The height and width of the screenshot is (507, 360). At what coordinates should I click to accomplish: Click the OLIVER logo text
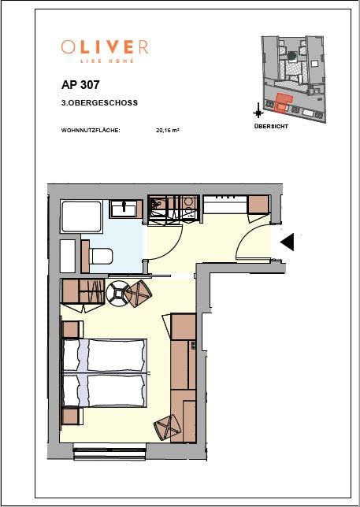105,47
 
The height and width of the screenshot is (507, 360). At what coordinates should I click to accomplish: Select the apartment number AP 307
80,85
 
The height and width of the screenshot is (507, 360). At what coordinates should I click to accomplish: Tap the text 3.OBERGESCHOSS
99,103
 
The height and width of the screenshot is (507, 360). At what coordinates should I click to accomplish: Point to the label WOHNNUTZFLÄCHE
91,131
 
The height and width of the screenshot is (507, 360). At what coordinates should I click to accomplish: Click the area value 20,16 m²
168,131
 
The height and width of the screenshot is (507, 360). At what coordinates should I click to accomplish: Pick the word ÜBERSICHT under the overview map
271,126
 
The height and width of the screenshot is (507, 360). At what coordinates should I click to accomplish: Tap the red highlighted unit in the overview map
282,103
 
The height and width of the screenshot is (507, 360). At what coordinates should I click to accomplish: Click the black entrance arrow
288,242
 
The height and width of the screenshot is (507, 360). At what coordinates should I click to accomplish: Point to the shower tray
81,216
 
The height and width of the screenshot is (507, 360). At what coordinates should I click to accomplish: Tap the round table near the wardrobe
118,294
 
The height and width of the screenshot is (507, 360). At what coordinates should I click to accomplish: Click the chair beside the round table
138,294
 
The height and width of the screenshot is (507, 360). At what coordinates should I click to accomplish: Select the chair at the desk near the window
167,427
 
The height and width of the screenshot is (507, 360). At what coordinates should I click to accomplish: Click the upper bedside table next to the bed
71,329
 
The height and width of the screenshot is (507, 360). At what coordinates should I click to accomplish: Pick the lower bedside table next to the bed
71,416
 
